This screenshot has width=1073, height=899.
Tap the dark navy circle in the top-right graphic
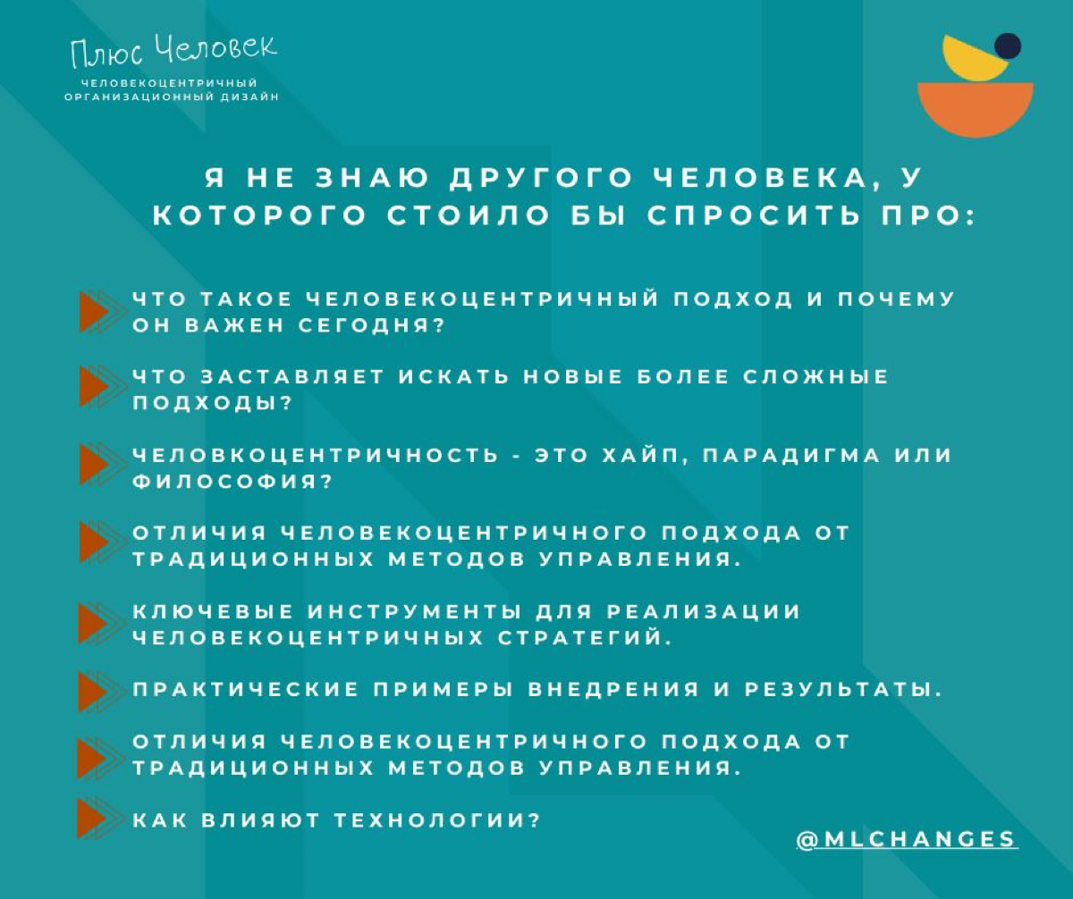(x=1008, y=46)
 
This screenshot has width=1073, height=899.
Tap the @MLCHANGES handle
(x=907, y=839)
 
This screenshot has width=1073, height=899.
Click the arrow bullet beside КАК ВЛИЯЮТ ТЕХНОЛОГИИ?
(x=93, y=819)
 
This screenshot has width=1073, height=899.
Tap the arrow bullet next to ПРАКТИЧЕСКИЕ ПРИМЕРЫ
(x=93, y=690)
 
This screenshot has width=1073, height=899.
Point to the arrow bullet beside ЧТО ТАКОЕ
(x=93, y=312)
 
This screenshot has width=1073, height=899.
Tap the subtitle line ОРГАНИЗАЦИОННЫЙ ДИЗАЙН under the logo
(x=172, y=97)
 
